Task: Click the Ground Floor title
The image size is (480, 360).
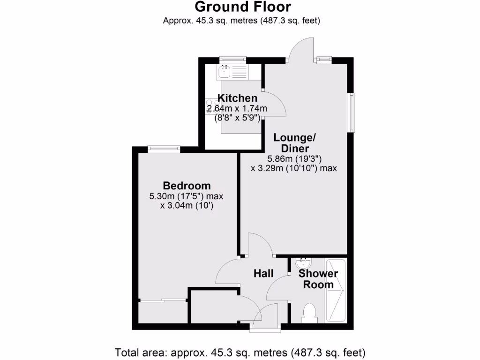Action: click(x=242, y=7)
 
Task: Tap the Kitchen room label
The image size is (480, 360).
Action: click(x=238, y=98)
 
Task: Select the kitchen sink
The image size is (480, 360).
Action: click(x=224, y=72)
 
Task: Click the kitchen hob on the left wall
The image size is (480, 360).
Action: click(x=209, y=106)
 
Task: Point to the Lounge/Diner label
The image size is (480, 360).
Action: click(x=295, y=143)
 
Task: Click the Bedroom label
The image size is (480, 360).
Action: click(x=187, y=185)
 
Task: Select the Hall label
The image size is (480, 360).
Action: click(x=263, y=273)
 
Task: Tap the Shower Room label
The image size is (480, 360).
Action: click(x=318, y=279)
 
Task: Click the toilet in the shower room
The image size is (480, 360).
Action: click(x=309, y=313)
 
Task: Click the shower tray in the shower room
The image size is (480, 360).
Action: click(x=335, y=291)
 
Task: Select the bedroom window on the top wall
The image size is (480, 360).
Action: click(x=164, y=149)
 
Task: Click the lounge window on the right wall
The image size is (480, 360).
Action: click(x=351, y=112)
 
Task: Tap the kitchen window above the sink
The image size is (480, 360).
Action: click(x=233, y=60)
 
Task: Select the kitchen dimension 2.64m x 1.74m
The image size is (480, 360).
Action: click(x=237, y=109)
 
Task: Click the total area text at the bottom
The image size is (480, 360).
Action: click(x=240, y=352)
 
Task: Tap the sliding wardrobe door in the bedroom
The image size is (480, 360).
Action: click(x=163, y=300)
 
